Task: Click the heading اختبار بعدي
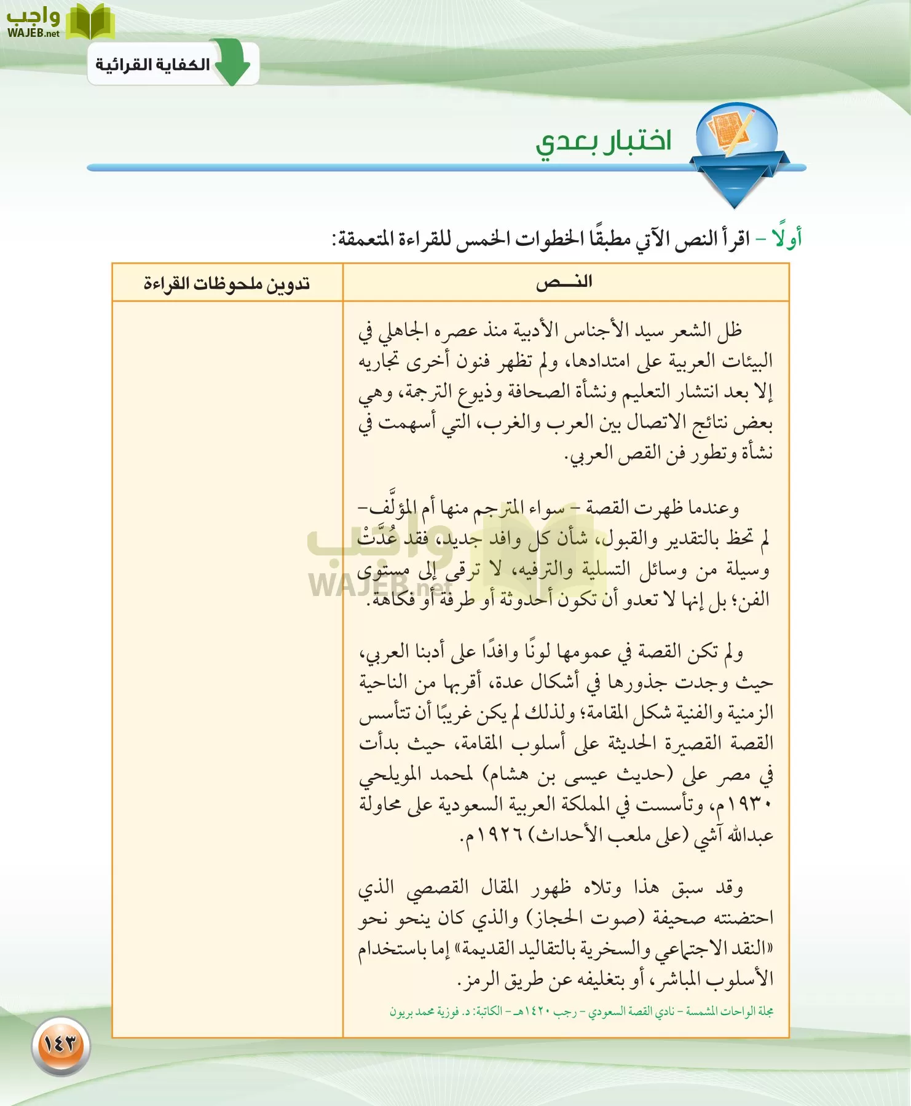coord(603,142)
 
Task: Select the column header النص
coord(564,283)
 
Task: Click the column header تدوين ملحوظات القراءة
coord(227,283)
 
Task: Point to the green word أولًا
coord(787,238)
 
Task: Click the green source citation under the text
coord(581,1011)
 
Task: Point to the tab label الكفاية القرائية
coord(152,65)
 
